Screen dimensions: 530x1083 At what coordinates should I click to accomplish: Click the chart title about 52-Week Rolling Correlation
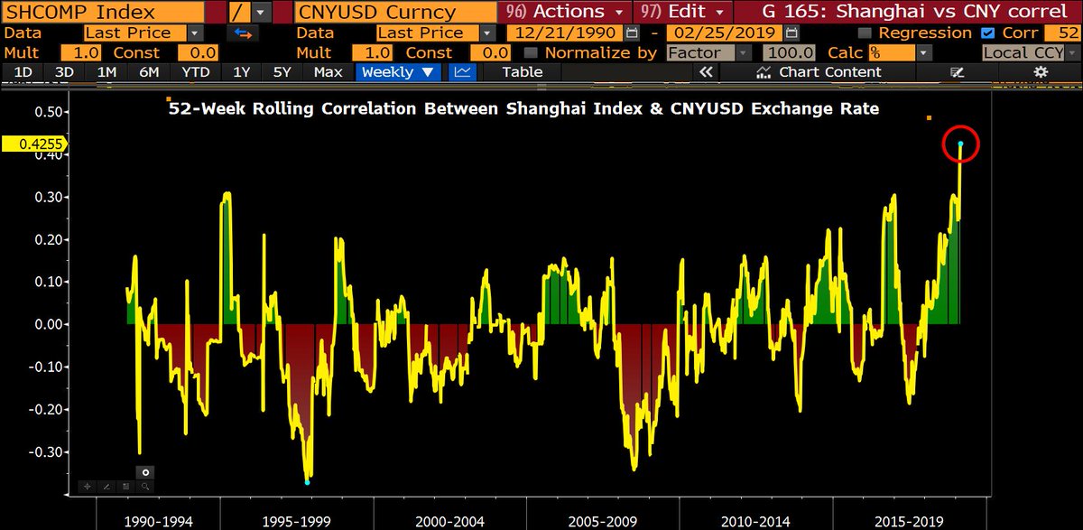coord(523,108)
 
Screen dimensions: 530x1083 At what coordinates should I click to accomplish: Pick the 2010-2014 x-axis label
coord(755,521)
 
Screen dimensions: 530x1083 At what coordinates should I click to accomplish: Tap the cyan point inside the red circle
coord(961,144)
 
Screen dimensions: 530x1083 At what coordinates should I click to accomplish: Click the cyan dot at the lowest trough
coord(308,482)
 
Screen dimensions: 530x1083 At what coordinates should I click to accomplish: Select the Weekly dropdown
coord(397,71)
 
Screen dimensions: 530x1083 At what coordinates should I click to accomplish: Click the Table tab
coord(522,71)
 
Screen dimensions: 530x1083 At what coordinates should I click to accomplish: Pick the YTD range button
coord(196,71)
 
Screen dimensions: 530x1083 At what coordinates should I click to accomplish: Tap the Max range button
coord(328,71)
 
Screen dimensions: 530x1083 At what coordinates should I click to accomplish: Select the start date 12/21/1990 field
coord(564,33)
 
